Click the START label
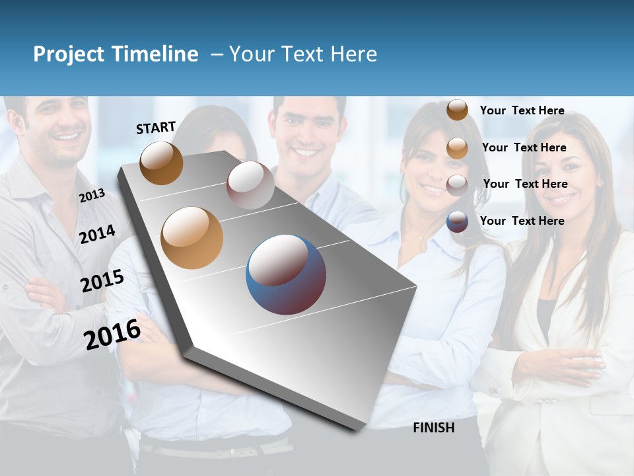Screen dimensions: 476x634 (156, 128)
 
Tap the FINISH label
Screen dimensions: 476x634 (434, 428)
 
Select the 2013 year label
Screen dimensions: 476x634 (92, 195)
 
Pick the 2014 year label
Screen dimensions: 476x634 (97, 235)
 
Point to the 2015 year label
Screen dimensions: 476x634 (102, 281)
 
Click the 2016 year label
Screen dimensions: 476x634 (112, 334)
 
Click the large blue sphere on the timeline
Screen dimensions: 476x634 (286, 274)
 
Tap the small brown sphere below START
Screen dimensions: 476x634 (161, 163)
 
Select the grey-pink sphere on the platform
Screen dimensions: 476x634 (250, 185)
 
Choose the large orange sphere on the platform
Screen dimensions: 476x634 (192, 238)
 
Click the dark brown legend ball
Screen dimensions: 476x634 (457, 110)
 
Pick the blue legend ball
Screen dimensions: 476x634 (457, 221)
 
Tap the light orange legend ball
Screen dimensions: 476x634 (457, 148)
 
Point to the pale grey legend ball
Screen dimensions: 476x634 (457, 184)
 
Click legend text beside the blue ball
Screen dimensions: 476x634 (522, 221)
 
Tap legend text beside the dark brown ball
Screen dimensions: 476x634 (522, 110)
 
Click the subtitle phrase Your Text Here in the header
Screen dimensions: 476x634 (303, 54)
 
